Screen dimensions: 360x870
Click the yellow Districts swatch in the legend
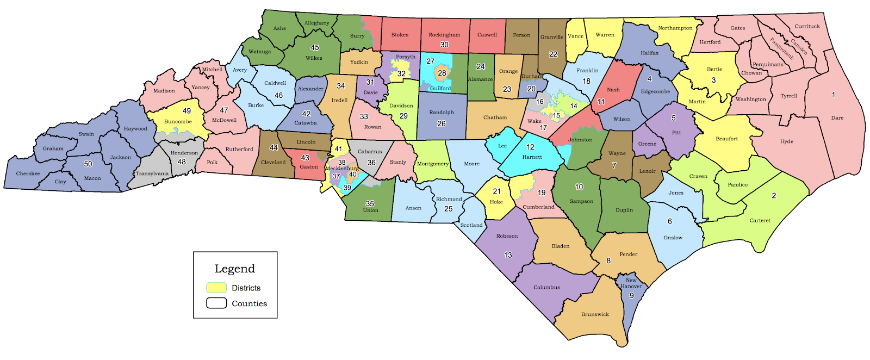coord(216,288)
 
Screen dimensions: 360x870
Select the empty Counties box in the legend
coord(216,303)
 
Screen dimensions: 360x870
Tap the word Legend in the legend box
coord(234,269)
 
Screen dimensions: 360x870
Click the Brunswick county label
coord(595,314)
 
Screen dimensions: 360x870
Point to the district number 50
coord(88,164)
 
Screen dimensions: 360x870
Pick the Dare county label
coord(837,117)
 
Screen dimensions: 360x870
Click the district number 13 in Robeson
coord(508,255)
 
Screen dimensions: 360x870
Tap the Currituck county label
coord(807,26)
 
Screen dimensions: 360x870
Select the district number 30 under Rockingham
coord(444,45)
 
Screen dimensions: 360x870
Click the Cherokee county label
coord(28,173)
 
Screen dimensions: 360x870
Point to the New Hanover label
coord(631,283)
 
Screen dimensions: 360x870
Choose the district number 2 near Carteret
coord(774,195)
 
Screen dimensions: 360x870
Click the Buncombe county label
coord(178,121)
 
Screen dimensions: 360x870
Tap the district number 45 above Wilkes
coord(315,47)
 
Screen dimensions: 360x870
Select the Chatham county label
coord(495,117)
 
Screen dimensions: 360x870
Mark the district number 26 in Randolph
coord(441,123)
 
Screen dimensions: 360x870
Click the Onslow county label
coord(673,238)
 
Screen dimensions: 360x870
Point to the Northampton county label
coord(675,28)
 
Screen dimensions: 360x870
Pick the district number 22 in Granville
coord(553,54)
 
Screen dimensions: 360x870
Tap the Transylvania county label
coord(152,173)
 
